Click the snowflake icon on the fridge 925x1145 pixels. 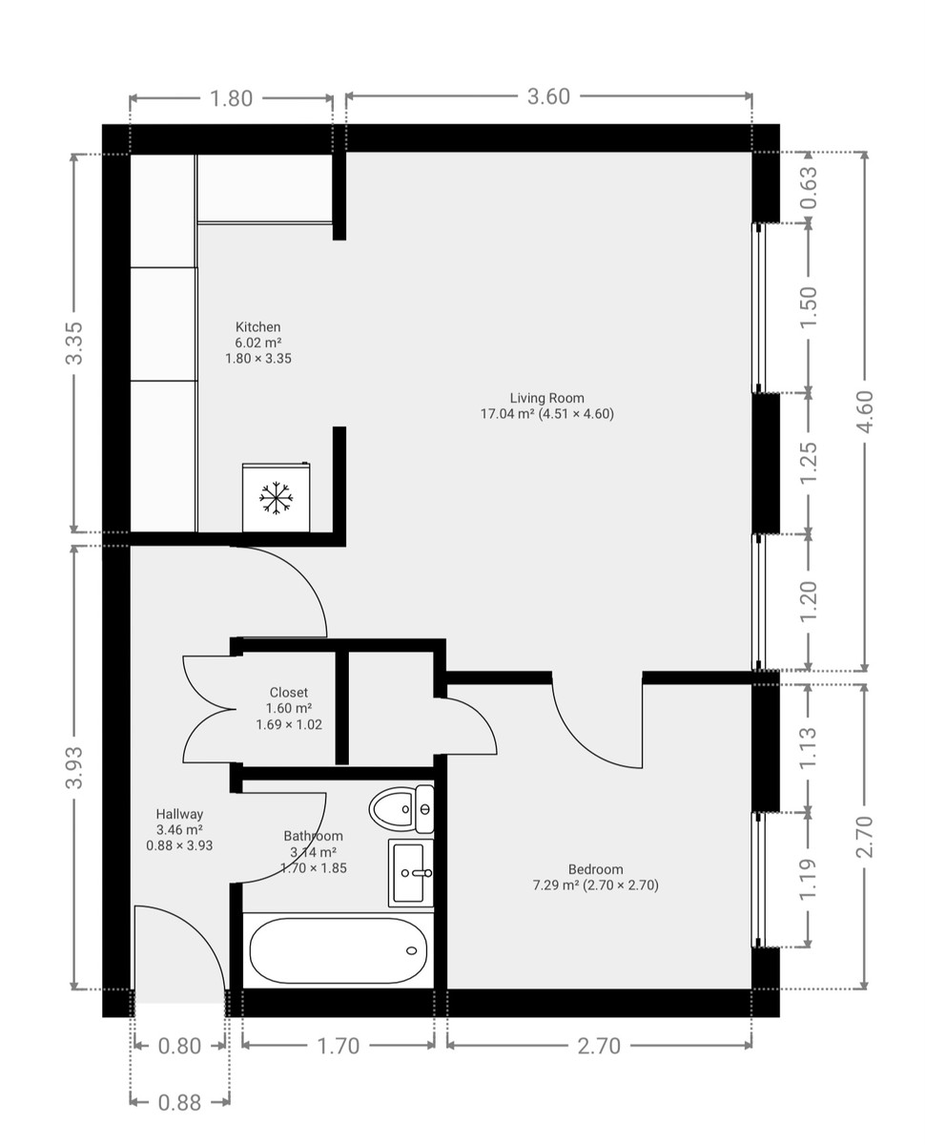coord(276,498)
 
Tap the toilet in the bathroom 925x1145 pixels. coord(401,810)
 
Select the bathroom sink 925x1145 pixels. coord(411,872)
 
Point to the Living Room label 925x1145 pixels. coord(546,406)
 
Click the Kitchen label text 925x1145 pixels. coord(257,327)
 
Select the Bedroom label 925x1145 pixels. coord(595,869)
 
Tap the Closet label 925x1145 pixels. coord(288,693)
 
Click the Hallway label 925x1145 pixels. coord(179,814)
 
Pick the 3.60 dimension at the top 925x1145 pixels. coord(548,97)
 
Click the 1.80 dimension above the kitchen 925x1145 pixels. coord(230,97)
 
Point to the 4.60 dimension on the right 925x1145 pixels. coord(864,411)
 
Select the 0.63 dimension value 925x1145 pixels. coord(809,187)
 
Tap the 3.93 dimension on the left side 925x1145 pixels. coord(74,767)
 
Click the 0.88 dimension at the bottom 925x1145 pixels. coord(179,1103)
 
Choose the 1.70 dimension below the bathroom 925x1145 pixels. coord(338,1047)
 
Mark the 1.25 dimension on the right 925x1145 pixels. coord(809,463)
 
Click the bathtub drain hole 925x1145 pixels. coord(412,950)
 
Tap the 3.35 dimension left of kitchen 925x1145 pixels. coord(74,343)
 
